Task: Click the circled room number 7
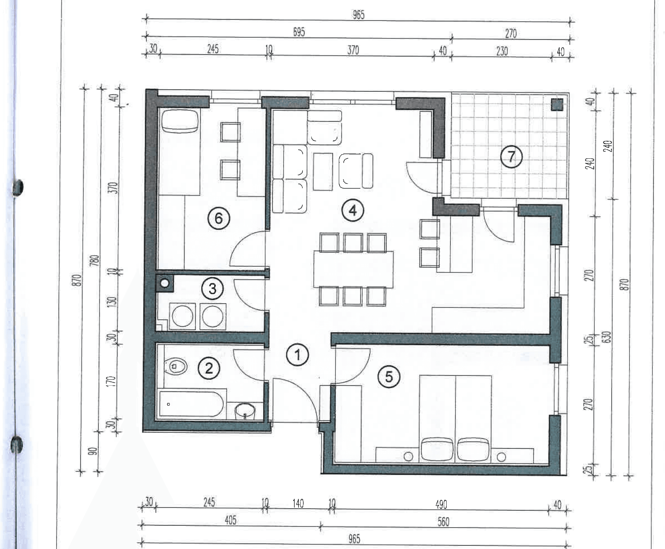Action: [x=511, y=157]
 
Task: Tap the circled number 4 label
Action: [x=353, y=211]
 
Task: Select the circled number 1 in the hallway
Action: [x=297, y=355]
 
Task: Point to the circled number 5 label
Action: [x=389, y=377]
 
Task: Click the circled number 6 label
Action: [x=219, y=219]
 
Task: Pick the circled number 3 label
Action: [x=212, y=289]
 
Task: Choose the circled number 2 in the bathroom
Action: [x=209, y=368]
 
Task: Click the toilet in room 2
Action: [x=176, y=366]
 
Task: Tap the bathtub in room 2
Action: [x=191, y=404]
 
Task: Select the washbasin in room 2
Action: [x=245, y=412]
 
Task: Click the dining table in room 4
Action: [x=353, y=269]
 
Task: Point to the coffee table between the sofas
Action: [x=323, y=172]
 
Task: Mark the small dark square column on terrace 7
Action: [x=558, y=104]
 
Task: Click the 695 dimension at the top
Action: [x=299, y=32]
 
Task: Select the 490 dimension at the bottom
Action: [x=441, y=504]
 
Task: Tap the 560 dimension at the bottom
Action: [x=443, y=521]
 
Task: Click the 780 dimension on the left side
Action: [x=95, y=261]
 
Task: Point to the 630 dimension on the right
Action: [x=607, y=337]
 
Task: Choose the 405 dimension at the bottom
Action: [x=230, y=520]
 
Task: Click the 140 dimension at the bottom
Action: [x=298, y=503]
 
